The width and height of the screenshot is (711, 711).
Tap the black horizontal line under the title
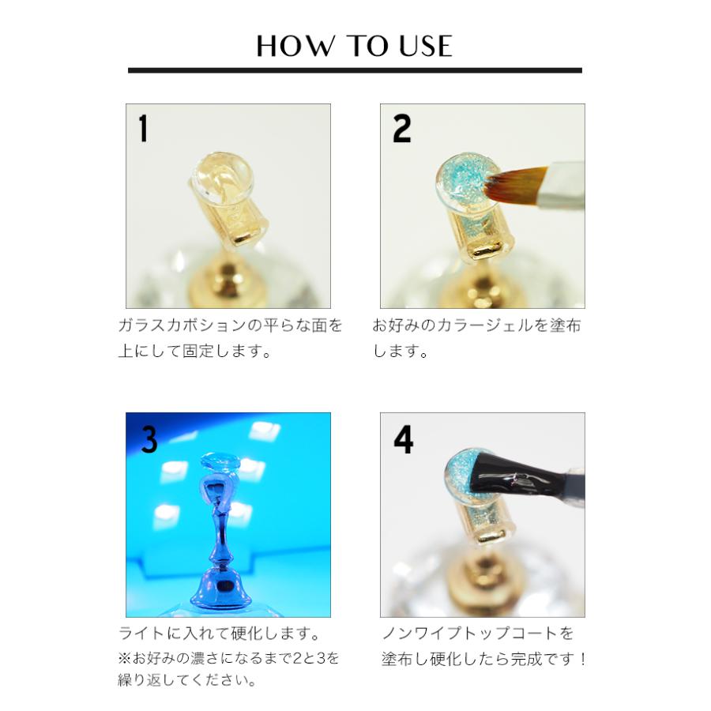355,70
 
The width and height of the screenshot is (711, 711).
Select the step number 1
143,129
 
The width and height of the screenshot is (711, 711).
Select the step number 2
402,129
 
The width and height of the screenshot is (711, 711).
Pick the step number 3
149,439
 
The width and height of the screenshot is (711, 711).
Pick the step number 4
403,440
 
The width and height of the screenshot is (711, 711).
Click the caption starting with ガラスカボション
230,326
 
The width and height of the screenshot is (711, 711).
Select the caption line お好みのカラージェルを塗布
477,326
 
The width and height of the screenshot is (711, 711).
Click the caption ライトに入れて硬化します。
219,634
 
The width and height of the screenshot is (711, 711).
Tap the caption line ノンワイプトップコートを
478,634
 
